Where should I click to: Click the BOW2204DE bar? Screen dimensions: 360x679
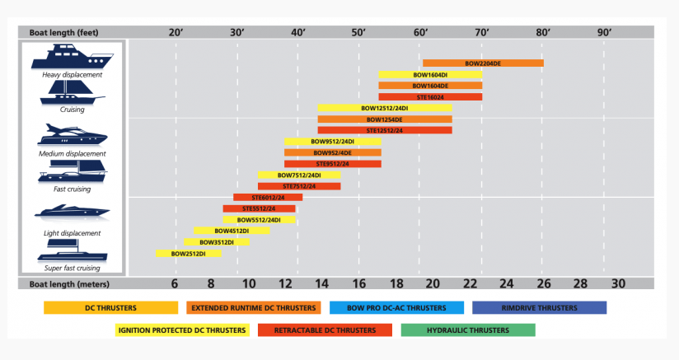coord(483,63)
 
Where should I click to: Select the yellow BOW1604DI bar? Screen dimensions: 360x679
coord(430,75)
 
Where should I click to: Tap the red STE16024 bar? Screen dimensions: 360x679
coord(430,97)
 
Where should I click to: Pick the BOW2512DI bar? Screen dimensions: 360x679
coord(189,254)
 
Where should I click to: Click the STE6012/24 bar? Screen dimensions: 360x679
coord(268,198)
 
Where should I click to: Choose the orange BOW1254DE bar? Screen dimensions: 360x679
coord(385,119)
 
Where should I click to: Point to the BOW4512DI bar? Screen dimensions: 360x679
coord(232,231)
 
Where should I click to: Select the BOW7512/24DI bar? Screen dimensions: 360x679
coord(299,175)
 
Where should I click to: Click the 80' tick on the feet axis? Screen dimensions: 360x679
coord(543,32)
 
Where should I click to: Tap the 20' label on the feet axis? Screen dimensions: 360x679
coord(176,32)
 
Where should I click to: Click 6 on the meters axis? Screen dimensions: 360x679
coord(175,283)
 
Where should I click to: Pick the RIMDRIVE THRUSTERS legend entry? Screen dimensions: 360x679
coord(539,308)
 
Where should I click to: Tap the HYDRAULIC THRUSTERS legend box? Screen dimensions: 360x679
coord(468,330)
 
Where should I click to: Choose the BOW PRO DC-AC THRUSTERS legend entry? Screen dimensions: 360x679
coord(396,308)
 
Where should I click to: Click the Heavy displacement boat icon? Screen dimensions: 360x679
coord(73,58)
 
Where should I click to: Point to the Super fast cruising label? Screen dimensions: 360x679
coord(73,268)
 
